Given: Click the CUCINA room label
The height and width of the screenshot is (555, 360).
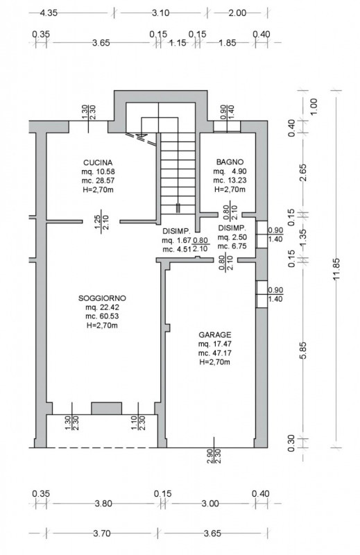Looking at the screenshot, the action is point(98,162).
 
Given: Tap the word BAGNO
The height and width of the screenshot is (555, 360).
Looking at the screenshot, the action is point(230,162).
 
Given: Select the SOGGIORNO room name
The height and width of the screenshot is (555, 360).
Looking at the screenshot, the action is point(102,298).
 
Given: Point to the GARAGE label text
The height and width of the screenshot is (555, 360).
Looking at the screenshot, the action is point(215,335).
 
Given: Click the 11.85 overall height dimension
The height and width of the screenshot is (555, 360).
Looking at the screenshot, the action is point(336,269).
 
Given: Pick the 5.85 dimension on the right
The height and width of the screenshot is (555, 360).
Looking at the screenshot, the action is point(303,351).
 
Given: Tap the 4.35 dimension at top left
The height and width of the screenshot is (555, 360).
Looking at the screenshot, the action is point(49,13).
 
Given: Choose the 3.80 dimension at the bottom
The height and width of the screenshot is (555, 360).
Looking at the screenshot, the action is point(103,504).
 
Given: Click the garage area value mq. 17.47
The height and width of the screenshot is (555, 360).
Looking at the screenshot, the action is point(215,344).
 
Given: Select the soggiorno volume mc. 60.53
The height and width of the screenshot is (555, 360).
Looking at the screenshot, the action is point(102,316).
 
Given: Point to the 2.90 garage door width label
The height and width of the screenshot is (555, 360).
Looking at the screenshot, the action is point(210,457).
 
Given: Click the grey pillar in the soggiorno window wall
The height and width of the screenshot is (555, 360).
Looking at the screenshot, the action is point(107,408).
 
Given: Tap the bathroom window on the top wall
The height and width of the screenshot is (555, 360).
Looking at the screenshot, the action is point(227,126).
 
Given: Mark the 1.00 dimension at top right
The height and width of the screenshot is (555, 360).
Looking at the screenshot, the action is point(314,106).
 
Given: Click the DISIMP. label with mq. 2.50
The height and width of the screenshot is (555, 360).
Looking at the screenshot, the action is point(232,228).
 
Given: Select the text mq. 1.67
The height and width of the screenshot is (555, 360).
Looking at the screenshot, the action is point(177,241).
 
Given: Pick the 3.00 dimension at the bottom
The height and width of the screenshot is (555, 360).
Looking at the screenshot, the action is point(210,504).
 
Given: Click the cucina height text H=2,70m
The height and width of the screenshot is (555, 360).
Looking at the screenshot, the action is point(98,189).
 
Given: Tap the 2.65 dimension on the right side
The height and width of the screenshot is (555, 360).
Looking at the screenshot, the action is point(303,173).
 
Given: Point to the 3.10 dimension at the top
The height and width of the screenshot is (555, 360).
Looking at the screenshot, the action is point(161,13).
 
